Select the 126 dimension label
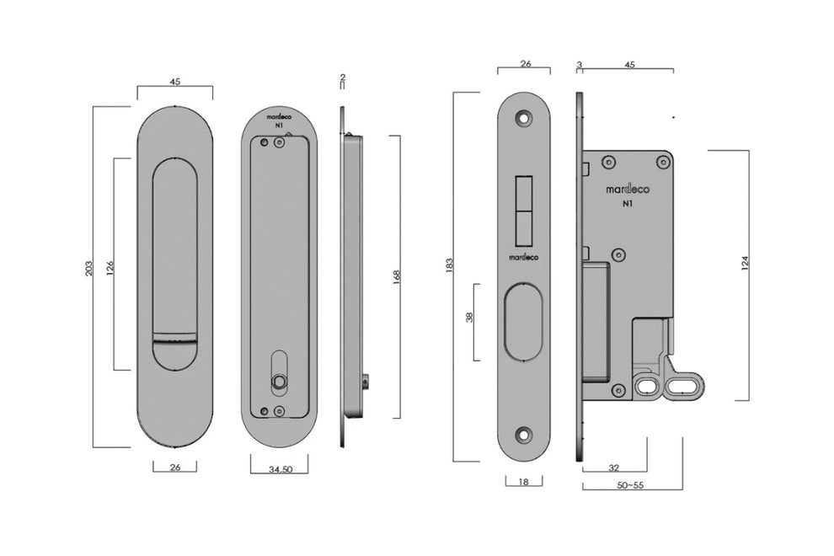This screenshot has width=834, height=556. pos(110,267)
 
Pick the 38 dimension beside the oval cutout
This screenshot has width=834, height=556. pos(470,318)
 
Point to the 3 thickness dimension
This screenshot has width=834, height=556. pos(580,63)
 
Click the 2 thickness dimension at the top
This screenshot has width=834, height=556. pos(342,78)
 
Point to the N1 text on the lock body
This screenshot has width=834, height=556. pos(628,204)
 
